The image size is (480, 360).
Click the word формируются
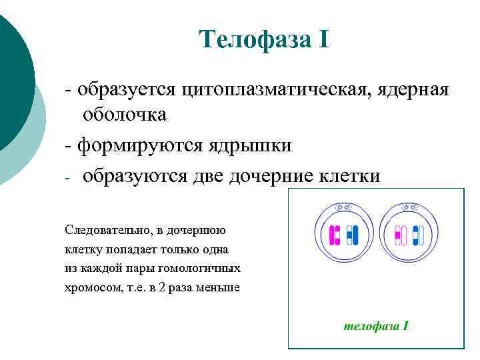pyautogui.click(x=144, y=144)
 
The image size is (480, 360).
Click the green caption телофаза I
pyautogui.click(x=375, y=326)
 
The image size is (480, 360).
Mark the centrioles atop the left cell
pyautogui.click(x=344, y=208)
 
